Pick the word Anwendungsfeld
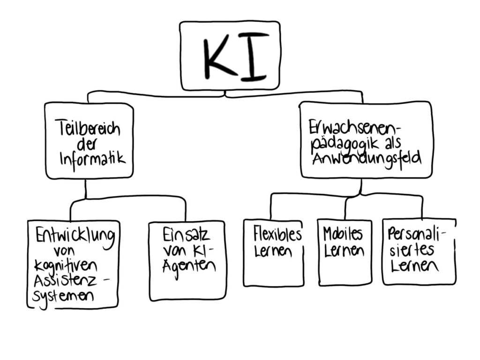pos(360,159)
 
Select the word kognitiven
pos(66,266)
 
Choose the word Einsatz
pos(186,234)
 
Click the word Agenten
pos(188,266)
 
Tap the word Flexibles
pos(277,233)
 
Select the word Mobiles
pos(343,233)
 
